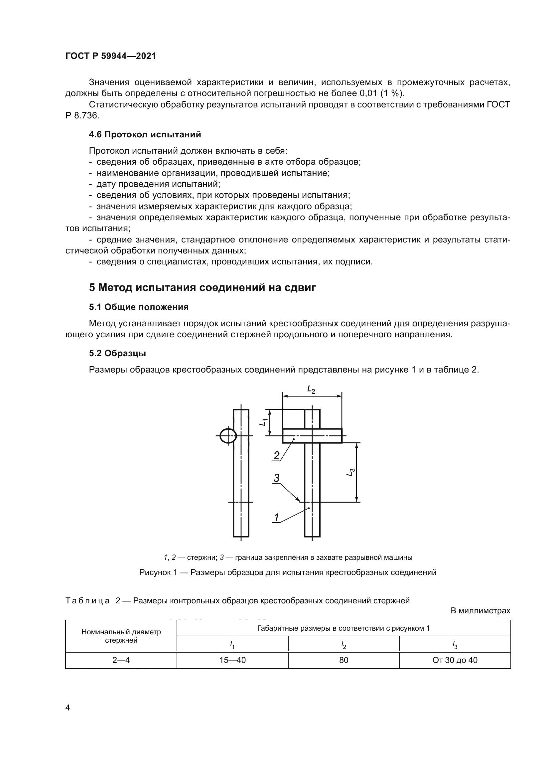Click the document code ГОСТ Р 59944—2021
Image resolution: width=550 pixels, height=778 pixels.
[x=110, y=56]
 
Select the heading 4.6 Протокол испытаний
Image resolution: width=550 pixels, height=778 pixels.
[x=145, y=134]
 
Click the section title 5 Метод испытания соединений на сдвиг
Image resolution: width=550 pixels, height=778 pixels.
[x=202, y=288]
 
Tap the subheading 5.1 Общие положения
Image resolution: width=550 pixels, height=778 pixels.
[x=139, y=307]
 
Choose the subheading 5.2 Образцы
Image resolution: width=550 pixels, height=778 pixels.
[x=117, y=354]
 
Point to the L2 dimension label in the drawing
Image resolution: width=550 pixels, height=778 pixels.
[x=311, y=390]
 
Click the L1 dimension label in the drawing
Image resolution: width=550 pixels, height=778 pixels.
[x=264, y=422]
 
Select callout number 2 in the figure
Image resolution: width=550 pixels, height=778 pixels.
[x=277, y=456]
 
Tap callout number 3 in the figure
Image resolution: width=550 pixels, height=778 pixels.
[x=277, y=478]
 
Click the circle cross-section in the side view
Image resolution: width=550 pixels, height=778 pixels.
[x=228, y=436]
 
